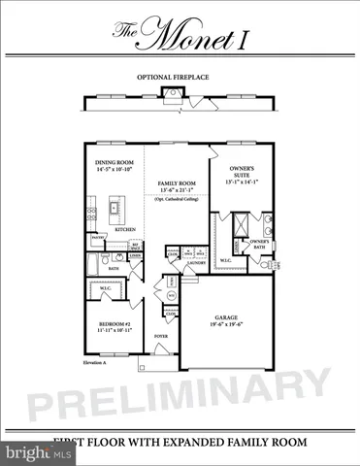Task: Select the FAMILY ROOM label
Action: (x=178, y=182)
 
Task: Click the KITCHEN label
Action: (x=127, y=229)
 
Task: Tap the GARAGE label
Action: (x=232, y=316)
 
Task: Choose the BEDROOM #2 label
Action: (x=112, y=322)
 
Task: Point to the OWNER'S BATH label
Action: (x=258, y=244)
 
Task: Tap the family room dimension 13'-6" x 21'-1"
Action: (x=178, y=190)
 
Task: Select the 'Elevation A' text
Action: (x=94, y=361)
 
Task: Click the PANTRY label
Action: (x=97, y=237)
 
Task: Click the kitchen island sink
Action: (x=115, y=207)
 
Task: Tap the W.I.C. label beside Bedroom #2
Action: (x=108, y=288)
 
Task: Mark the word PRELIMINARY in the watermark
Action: (x=180, y=393)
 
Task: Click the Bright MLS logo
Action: (x=28, y=452)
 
